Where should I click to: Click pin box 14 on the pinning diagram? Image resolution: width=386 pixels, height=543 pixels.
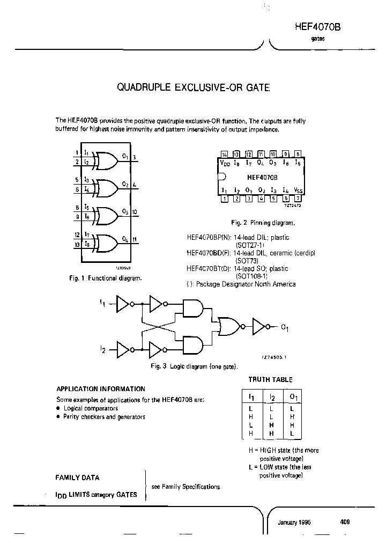pyautogui.click(x=224, y=154)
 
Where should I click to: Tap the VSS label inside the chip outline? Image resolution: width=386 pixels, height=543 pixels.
pyautogui.click(x=298, y=190)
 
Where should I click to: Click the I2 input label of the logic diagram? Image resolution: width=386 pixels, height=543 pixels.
pyautogui.click(x=102, y=349)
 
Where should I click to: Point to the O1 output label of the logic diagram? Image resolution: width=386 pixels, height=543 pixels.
pyautogui.click(x=285, y=329)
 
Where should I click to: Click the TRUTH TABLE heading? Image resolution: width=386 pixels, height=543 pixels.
pyautogui.click(x=270, y=379)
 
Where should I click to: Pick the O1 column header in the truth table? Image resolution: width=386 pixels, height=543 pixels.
pyautogui.click(x=292, y=397)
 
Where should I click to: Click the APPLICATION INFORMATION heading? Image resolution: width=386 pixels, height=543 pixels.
pyautogui.click(x=101, y=388)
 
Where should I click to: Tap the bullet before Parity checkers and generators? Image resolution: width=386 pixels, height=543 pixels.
pyautogui.click(x=58, y=416)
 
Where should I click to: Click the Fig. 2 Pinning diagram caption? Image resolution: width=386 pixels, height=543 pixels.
pyautogui.click(x=262, y=223)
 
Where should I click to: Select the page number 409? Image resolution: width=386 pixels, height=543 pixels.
pyautogui.click(x=345, y=522)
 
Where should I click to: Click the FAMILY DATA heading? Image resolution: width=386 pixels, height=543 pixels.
pyautogui.click(x=77, y=478)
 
